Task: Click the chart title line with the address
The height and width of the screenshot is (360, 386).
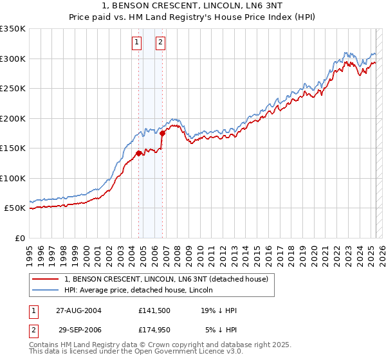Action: [x=192, y=7]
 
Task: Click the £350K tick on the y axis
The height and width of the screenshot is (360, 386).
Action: [x=13, y=29]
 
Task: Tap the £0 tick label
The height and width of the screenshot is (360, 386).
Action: [x=19, y=238]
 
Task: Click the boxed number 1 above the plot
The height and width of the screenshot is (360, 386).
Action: [x=137, y=43]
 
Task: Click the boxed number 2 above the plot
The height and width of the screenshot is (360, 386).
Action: [x=160, y=43]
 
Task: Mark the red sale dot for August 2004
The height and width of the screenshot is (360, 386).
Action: [x=138, y=153]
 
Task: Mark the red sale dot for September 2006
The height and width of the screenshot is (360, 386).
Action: [x=163, y=133]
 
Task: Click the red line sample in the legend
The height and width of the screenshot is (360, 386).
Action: [x=46, y=279]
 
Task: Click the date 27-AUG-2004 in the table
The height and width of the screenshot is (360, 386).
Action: [x=78, y=310]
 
